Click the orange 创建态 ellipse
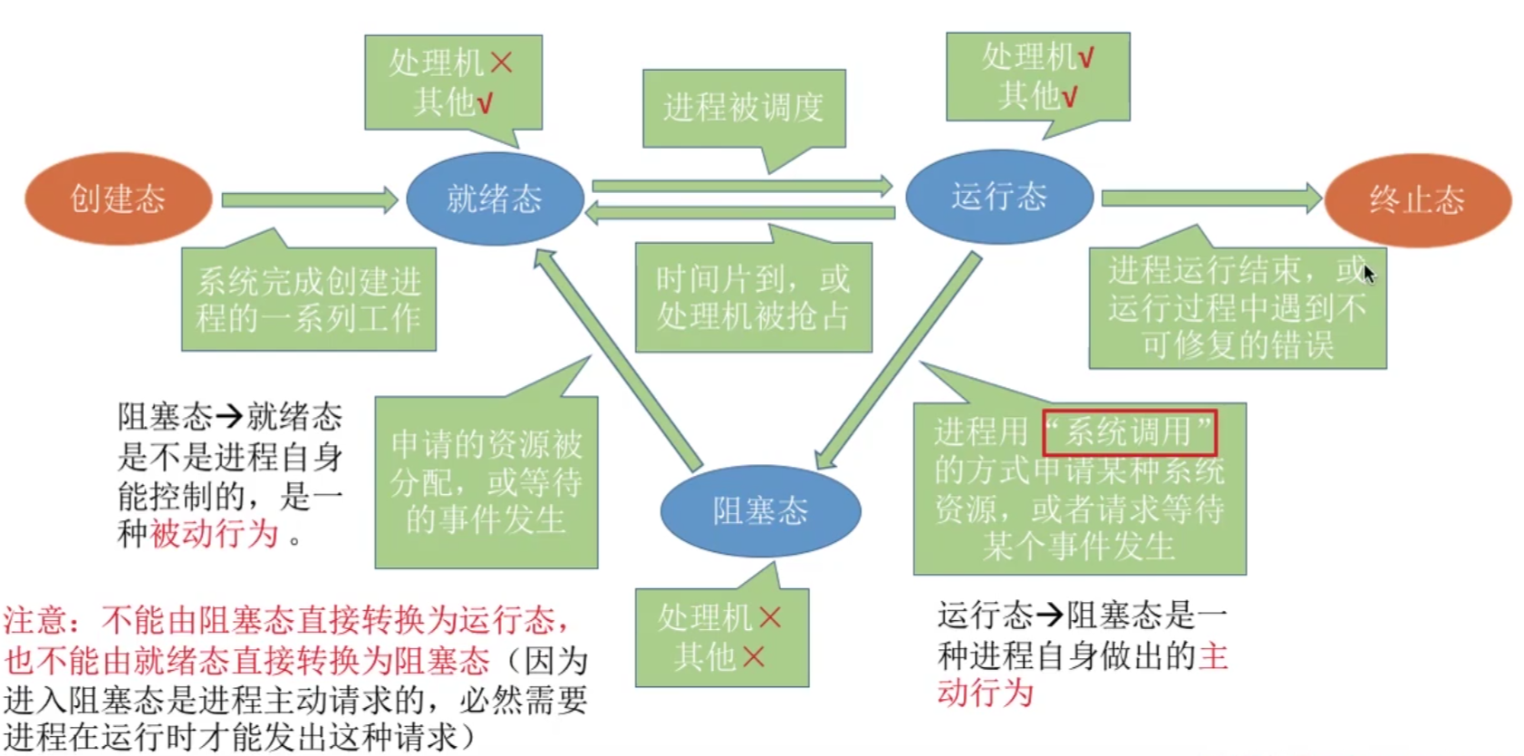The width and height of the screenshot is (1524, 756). [118, 199]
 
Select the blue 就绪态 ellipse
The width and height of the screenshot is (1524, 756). [494, 199]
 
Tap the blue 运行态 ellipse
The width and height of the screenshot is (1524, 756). [998, 197]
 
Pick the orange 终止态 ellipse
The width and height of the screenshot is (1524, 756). [1417, 199]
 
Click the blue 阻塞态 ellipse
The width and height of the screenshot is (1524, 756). [759, 511]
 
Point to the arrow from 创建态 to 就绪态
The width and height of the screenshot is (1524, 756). [308, 199]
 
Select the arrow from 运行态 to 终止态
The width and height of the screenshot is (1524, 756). [1211, 198]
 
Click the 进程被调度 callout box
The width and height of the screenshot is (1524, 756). [744, 108]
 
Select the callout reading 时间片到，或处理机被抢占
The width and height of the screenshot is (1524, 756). [753, 297]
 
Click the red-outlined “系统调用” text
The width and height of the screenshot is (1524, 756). [1129, 432]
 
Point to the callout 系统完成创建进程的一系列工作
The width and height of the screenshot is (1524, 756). [308, 299]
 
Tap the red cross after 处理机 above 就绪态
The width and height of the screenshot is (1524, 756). [501, 63]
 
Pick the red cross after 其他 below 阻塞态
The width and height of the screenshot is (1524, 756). [754, 656]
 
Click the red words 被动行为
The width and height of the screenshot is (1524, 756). [214, 533]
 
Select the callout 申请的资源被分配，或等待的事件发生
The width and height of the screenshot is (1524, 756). [487, 482]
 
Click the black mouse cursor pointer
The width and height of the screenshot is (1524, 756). [1368, 273]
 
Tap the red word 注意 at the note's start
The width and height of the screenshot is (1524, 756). [34, 621]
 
